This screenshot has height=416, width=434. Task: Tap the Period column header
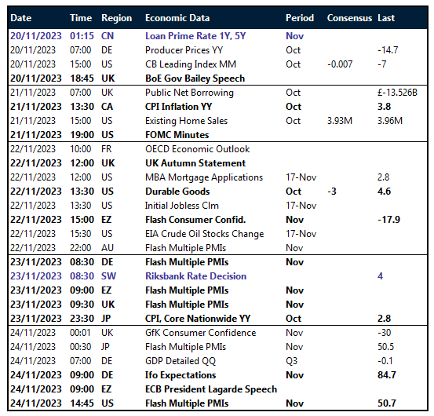(300, 18)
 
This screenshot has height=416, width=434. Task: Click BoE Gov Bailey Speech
(195, 78)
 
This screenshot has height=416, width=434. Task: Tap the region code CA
(108, 107)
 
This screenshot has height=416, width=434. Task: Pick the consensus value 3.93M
(341, 121)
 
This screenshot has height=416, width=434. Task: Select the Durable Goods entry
(177, 192)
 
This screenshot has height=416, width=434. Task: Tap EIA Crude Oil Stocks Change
(204, 234)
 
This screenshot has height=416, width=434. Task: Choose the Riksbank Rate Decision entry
(195, 276)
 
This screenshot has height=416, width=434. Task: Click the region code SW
(109, 276)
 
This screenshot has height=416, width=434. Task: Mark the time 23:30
(81, 319)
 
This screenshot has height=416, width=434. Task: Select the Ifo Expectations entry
(182, 375)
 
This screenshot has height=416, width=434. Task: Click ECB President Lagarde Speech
(211, 389)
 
